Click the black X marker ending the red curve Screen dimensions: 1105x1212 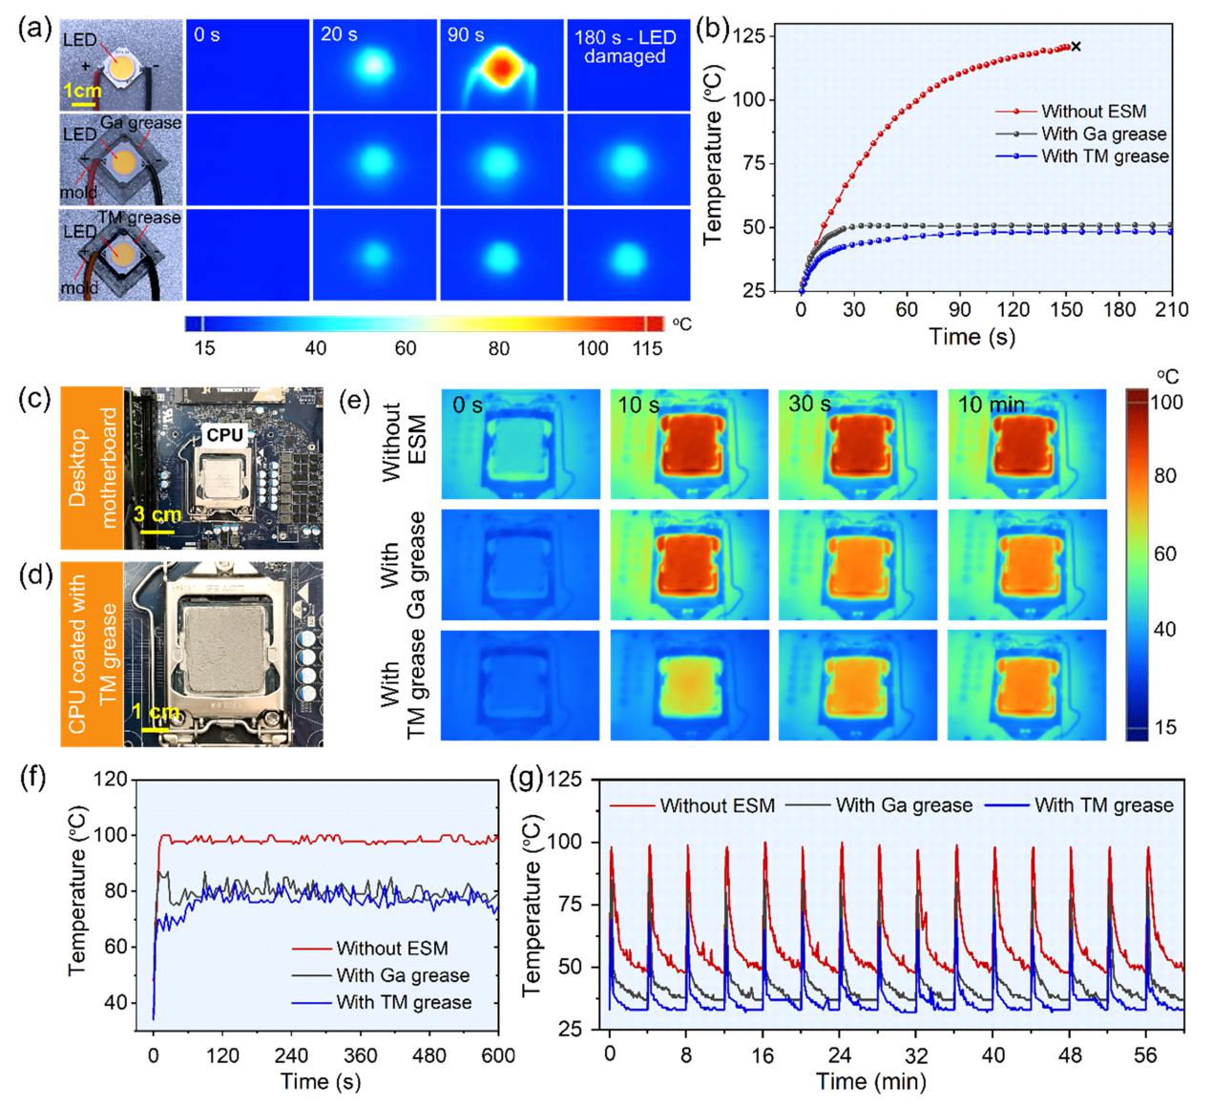(x=1076, y=46)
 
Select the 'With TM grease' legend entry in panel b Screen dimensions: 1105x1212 (x=1104, y=156)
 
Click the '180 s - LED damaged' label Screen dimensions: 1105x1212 (x=625, y=47)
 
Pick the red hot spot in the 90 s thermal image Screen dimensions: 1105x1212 (x=500, y=67)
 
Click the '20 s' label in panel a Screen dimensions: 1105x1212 (x=339, y=35)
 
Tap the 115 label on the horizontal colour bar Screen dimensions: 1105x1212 (x=648, y=348)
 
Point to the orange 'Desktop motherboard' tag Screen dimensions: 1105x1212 (x=93, y=468)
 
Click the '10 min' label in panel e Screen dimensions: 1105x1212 (x=991, y=405)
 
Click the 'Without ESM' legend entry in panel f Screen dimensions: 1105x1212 (x=391, y=949)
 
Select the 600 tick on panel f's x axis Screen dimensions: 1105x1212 (x=498, y=1055)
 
